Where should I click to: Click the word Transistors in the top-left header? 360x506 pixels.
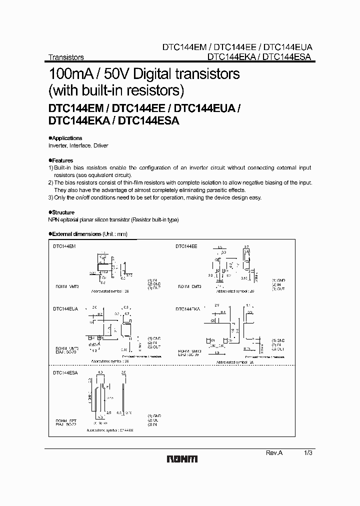[65, 57]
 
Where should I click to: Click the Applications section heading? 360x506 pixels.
[67, 138]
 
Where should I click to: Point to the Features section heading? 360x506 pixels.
[62, 160]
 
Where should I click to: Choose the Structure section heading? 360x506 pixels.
[63, 212]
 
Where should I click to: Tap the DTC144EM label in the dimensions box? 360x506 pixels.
[64, 246]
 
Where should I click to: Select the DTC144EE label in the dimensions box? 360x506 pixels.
[186, 246]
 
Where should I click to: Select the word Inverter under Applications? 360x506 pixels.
[58, 145]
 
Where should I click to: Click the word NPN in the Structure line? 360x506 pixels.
[53, 220]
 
